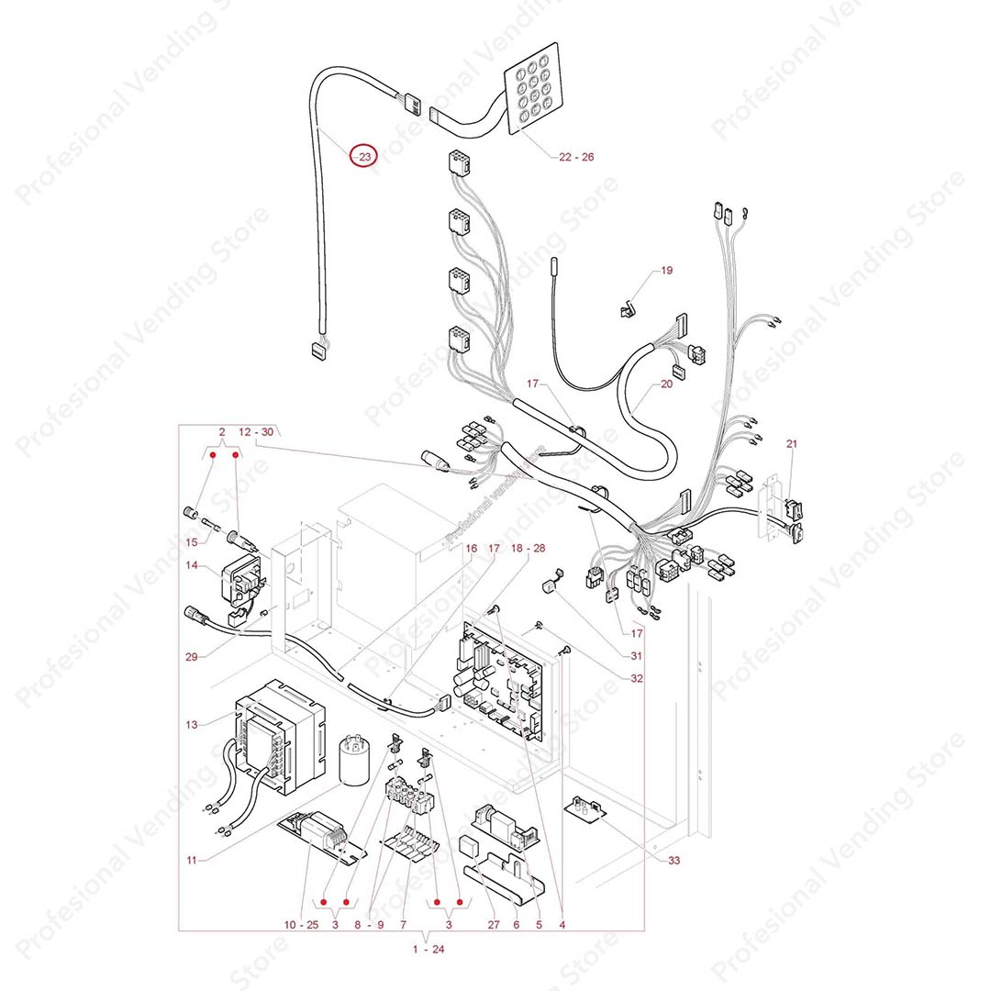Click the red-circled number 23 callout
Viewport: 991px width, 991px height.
point(364,157)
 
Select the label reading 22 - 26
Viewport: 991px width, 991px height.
point(576,157)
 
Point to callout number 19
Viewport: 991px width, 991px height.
point(666,271)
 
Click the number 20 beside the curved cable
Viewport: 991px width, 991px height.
point(666,384)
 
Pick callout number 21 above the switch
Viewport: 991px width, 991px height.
point(792,444)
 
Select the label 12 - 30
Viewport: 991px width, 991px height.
point(256,431)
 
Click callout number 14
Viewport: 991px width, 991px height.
point(190,566)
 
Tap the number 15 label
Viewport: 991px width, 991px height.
point(190,543)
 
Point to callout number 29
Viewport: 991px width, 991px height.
point(190,657)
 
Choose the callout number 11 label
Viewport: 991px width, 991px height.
point(191,860)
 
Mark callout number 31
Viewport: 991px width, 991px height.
point(637,656)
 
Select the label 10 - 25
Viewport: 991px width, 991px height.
point(301,925)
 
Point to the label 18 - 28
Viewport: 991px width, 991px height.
point(528,548)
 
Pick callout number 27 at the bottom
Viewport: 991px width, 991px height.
point(493,925)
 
